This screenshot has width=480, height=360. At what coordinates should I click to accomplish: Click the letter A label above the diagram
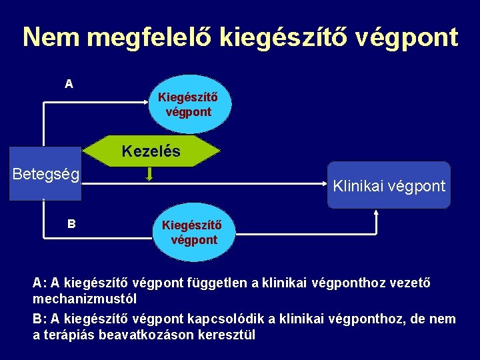click(x=69, y=85)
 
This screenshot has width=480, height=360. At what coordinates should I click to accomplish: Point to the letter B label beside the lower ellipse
click(x=71, y=224)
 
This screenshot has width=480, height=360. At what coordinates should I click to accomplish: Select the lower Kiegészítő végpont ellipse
click(x=194, y=232)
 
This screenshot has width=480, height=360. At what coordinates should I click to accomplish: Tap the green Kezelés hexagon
click(x=151, y=151)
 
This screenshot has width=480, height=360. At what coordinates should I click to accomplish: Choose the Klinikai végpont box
click(x=389, y=186)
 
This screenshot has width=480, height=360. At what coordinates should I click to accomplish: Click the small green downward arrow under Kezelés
click(x=150, y=175)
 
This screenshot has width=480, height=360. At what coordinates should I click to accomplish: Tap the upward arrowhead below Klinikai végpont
click(x=377, y=213)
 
